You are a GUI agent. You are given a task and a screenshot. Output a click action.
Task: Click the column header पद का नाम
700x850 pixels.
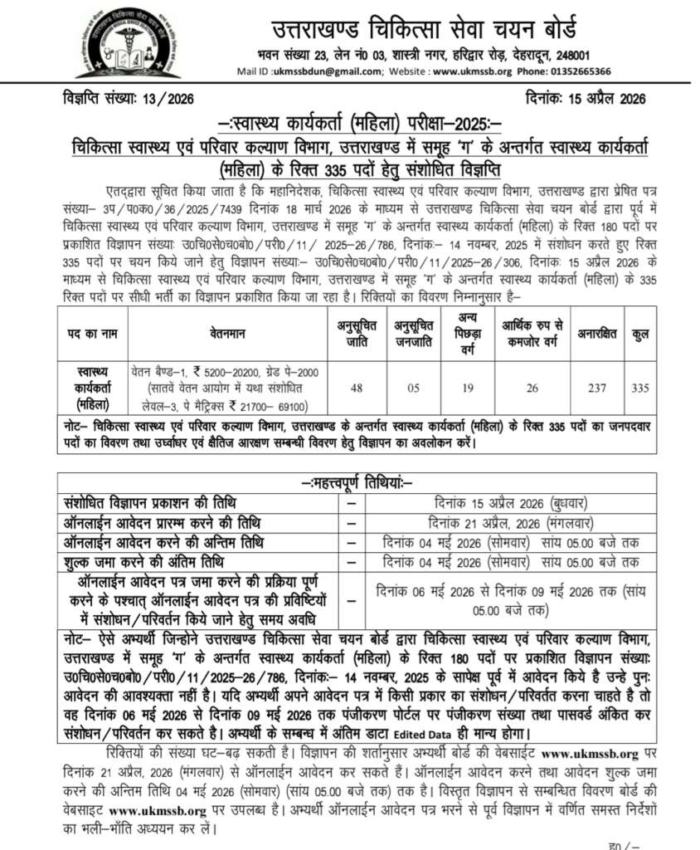(x=92, y=334)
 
